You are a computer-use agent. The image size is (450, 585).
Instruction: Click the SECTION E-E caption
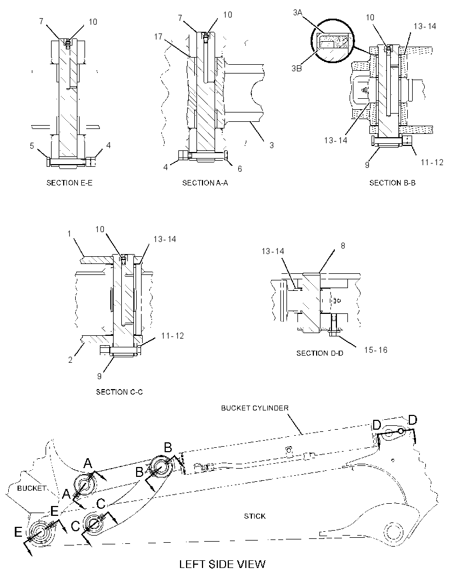(x=69, y=183)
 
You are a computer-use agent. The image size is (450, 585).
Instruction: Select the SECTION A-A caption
(x=205, y=183)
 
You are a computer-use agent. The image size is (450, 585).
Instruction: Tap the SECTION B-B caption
(x=392, y=183)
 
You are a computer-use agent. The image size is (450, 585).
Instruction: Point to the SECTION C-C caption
(x=120, y=392)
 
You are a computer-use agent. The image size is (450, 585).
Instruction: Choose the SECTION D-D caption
(x=320, y=353)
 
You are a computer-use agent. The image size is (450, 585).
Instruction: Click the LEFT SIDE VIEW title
(x=222, y=564)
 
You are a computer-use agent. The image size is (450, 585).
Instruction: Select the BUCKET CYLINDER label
(x=255, y=408)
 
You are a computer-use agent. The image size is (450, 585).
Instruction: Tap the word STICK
(x=255, y=516)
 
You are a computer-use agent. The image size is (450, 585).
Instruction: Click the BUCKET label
(x=32, y=488)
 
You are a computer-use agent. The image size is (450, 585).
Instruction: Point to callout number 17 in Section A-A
(x=158, y=37)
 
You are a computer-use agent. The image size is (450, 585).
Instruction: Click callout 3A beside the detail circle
(x=297, y=13)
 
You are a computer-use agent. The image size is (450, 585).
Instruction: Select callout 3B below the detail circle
(x=297, y=69)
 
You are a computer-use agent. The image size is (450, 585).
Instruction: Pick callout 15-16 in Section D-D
(x=376, y=350)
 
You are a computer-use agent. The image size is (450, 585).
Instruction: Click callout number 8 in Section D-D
(x=343, y=245)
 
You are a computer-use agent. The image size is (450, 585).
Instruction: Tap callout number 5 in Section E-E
(x=32, y=145)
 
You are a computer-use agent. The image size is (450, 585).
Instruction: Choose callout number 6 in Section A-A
(x=240, y=169)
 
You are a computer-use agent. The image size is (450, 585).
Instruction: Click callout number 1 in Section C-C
(x=69, y=234)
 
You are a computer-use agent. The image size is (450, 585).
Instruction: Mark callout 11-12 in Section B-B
(x=432, y=162)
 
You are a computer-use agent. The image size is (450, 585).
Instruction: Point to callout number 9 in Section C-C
(x=99, y=376)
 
